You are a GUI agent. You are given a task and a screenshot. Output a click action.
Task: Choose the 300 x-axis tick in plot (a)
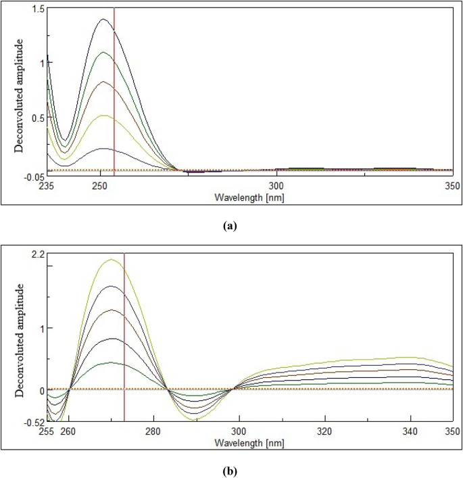276,185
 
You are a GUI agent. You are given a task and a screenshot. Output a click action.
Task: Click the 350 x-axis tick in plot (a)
448,185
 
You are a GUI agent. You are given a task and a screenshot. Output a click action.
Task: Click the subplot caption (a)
230,227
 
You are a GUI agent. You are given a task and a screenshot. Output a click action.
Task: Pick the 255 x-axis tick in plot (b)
47,431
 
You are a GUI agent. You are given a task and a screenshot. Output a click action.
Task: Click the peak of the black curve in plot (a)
103,19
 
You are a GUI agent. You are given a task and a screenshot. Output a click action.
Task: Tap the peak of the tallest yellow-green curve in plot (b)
111,260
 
